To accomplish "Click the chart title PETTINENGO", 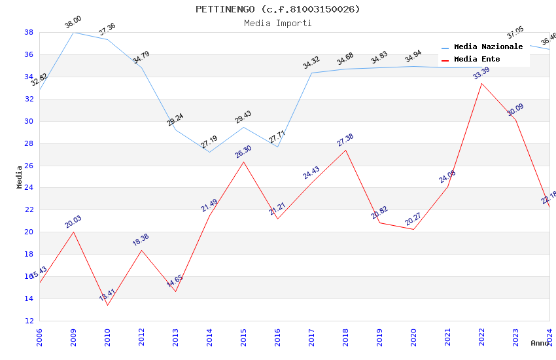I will pos(278,9).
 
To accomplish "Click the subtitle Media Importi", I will pos(278,23).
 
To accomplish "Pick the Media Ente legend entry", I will pos(477,60).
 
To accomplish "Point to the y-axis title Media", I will pos(20,177).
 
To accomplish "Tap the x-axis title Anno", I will pos(540,343).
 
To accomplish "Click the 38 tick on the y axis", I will pos(29,32).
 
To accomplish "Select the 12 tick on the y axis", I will pos(29,321).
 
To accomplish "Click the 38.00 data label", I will pos(73,23).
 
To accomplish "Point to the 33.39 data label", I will pos(481,73).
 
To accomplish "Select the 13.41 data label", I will pos(107,295).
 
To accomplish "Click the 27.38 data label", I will pos(345,140).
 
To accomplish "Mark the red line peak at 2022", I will pos(481,83).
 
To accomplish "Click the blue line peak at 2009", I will pos(73,32).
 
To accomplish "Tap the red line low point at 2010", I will pos(107,305).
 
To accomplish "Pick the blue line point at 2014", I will pos(209,152).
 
